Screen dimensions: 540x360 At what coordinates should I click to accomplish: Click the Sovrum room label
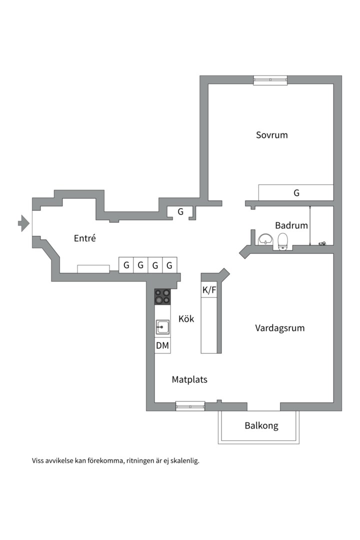tap(271, 135)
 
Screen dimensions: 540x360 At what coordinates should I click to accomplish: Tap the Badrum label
tap(291, 225)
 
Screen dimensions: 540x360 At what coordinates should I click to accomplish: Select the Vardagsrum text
tap(279, 328)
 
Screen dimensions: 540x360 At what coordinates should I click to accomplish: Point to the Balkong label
tap(261, 426)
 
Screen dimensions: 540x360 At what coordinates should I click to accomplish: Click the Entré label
tap(84, 238)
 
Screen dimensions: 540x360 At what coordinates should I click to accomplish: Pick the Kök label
tap(186, 319)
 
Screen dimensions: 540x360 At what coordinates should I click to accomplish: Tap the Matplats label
tap(189, 379)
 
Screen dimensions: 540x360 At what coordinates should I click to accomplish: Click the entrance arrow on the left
tap(23, 223)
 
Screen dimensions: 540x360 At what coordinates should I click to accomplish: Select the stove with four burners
tap(162, 296)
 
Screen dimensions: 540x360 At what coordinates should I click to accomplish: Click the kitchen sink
tap(162, 327)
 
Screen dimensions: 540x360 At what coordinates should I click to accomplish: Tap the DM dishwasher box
tap(162, 345)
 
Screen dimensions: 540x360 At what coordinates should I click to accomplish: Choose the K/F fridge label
tap(209, 290)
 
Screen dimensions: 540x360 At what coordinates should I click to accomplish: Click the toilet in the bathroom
tap(283, 241)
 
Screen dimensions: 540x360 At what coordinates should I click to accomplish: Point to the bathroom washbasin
tap(264, 240)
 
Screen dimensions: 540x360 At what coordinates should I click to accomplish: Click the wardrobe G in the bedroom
tap(296, 192)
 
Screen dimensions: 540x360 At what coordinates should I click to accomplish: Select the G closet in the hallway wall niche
tap(180, 212)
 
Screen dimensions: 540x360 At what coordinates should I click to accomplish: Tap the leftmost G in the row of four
tap(126, 265)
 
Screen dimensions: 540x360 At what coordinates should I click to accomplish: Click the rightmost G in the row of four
tap(169, 265)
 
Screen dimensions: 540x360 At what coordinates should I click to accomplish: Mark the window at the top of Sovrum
tap(270, 80)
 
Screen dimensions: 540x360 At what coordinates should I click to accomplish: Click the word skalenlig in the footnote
tap(184, 461)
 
